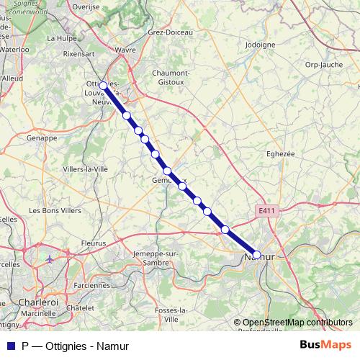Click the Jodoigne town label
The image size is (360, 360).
[261, 44]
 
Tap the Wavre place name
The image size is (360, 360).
[125, 50]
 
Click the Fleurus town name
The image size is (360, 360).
[92, 243]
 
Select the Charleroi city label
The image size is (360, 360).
[38, 302]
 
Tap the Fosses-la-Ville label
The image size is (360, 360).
[171, 314]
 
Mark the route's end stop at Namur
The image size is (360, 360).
[256, 254]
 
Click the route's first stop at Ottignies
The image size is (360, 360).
[103, 86]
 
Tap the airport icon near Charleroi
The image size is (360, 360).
[49, 258]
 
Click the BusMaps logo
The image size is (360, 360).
[325, 346]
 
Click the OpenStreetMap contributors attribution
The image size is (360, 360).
[297, 323]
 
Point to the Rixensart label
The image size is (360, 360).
[80, 53]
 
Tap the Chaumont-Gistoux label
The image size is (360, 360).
[170, 78]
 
